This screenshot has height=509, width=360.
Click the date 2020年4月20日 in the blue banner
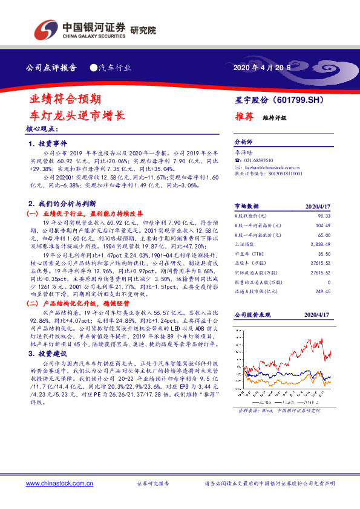(262, 68)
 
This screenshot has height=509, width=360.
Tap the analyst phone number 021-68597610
(260, 160)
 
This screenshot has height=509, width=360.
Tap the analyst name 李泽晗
(244, 153)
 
